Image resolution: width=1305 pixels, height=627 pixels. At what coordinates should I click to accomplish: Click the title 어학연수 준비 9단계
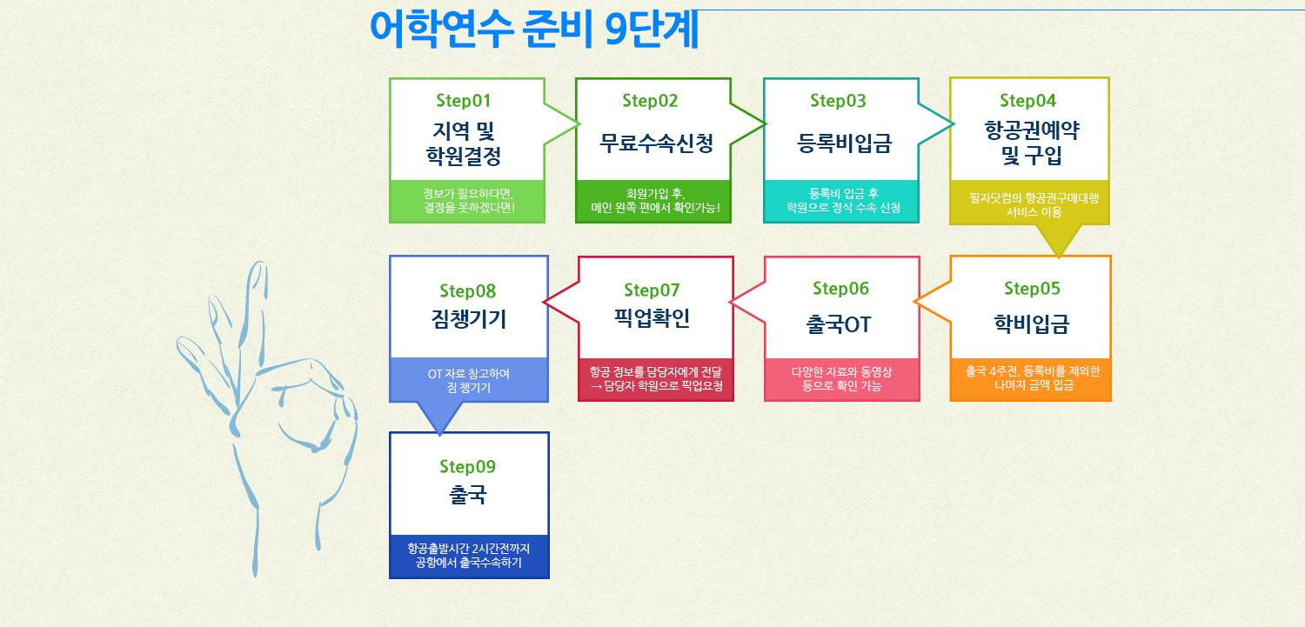(x=533, y=29)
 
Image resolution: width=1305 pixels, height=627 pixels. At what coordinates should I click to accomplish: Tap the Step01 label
(x=463, y=101)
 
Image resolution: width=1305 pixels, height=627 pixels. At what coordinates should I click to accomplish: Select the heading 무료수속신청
(x=656, y=143)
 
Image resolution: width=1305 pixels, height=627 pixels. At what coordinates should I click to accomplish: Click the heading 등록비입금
(x=844, y=143)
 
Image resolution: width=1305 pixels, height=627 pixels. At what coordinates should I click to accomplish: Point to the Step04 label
(x=1027, y=101)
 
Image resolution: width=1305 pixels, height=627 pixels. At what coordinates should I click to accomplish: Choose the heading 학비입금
(x=1031, y=324)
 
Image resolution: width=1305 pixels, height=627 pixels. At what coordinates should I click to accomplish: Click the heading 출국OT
(x=839, y=324)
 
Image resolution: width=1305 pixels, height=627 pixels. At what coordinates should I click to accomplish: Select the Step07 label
(x=652, y=290)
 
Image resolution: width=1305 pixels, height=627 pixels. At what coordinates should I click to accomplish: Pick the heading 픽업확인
(x=652, y=318)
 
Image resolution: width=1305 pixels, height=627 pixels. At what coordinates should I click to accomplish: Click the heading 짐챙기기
(x=469, y=319)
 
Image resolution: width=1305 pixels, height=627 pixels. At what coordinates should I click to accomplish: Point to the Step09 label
(x=467, y=466)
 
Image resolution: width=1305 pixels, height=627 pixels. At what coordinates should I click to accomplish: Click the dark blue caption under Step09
(x=469, y=556)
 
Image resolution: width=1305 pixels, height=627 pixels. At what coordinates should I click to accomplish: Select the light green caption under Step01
(x=468, y=201)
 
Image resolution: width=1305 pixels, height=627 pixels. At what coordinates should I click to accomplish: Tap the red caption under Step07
(x=656, y=379)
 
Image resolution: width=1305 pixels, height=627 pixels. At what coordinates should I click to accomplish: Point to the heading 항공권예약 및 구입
(x=1031, y=143)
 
